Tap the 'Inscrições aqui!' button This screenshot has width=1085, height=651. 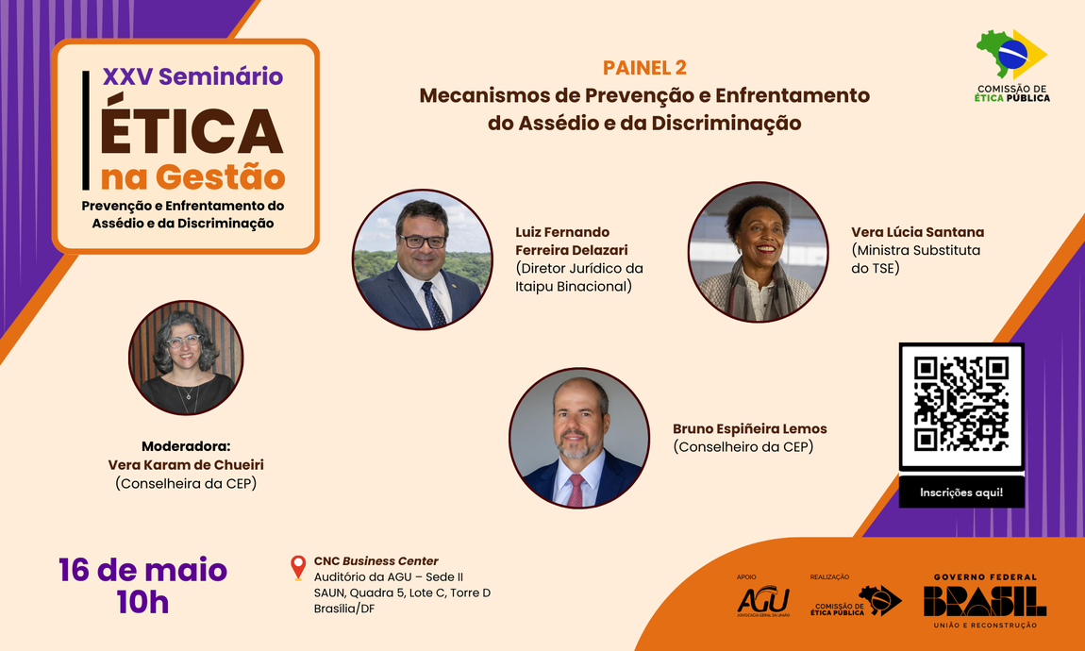pos(961,492)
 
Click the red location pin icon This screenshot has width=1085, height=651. pos(298,567)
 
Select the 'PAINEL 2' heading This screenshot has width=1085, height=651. pos(644,67)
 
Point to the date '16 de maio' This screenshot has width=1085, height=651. pos(142,570)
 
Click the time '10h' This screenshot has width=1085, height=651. pos(142,603)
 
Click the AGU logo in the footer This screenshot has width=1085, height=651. pos(762,600)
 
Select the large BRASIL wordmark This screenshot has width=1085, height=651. pos(984,601)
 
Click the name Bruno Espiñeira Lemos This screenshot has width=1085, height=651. pos(750,429)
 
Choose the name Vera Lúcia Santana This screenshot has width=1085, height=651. pos(917,232)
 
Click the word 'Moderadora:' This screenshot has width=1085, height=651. pos(186,446)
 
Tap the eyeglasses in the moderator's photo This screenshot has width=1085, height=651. pos(186,341)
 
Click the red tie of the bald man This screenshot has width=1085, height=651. pos(576,489)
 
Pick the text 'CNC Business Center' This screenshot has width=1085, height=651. pos(376,561)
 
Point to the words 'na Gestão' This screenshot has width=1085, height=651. pos(192,176)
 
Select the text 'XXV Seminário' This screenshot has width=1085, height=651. pos(192,76)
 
